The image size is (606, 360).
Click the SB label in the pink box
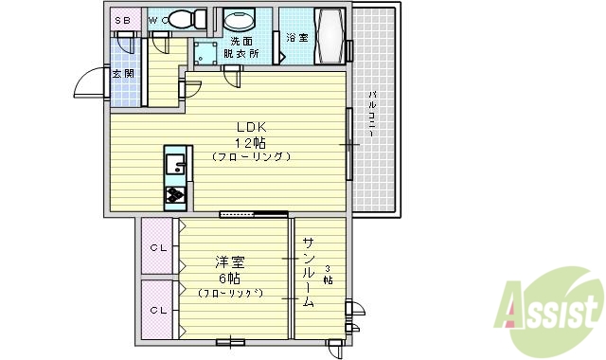tap(124, 19)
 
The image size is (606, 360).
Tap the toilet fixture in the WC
tap(192, 19)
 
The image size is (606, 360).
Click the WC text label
tap(157, 19)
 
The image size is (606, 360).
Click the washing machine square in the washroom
tap(205, 53)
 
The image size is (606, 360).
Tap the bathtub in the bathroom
tap(330, 37)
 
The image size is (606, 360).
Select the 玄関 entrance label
tap(122, 73)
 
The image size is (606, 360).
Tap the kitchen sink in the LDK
tap(176, 166)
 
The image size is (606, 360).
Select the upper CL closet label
tap(157, 248)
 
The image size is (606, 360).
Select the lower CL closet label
tap(157, 310)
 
